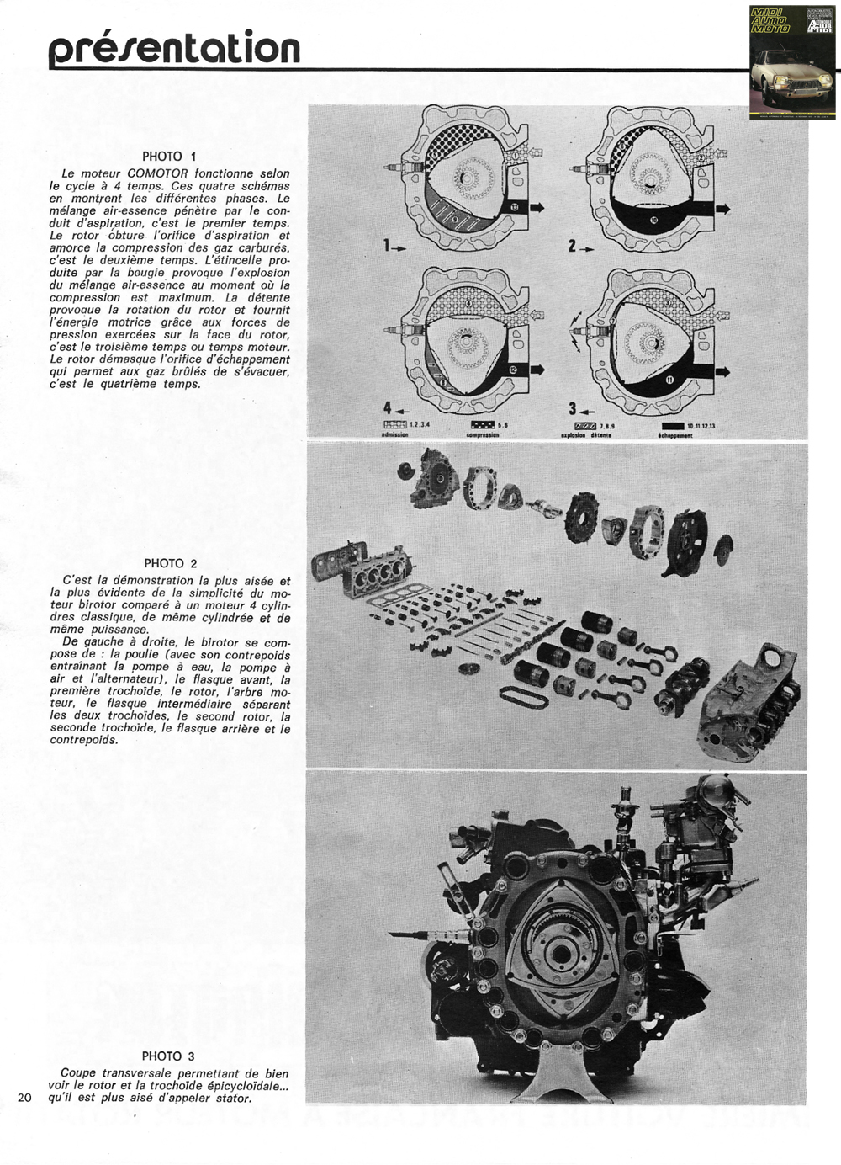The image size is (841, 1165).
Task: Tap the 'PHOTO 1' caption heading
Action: [169, 156]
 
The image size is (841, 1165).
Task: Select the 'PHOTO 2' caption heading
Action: [171, 563]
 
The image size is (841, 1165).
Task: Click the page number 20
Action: [24, 1097]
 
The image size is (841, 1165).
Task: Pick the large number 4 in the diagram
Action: [388, 408]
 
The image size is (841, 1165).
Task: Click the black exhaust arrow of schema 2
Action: [721, 209]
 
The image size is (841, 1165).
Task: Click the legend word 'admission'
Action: [394, 434]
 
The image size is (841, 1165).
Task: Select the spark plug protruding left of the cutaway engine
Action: [405, 934]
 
